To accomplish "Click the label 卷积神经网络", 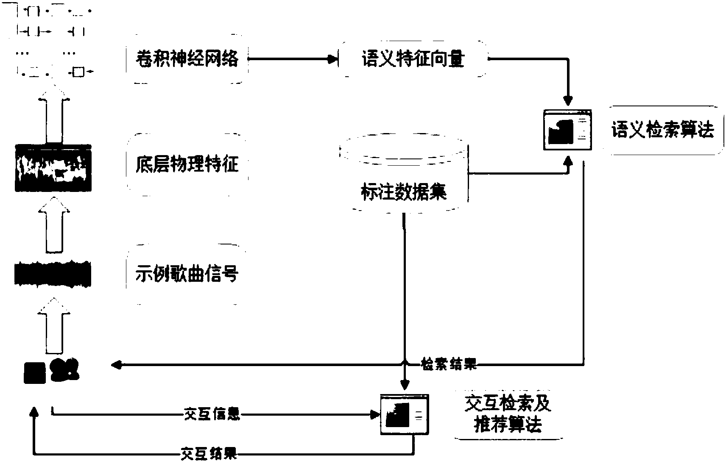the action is tap(187, 58).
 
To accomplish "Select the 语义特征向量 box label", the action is tap(413, 58).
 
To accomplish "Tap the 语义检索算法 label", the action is tap(662, 130).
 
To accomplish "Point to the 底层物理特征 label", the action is tap(187, 164).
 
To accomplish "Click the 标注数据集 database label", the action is tap(404, 192).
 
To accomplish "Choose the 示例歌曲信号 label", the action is tap(187, 273).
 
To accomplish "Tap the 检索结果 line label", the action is tap(449, 364).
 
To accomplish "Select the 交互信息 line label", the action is tap(212, 414).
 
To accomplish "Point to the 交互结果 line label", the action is tap(209, 453).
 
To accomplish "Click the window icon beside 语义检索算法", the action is tap(567, 130).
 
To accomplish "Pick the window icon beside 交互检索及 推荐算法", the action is tap(405, 414).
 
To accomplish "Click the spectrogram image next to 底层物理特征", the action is tap(53, 168).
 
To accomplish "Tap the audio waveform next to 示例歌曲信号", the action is tap(53, 274).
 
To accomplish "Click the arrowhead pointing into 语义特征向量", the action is tap(333, 59).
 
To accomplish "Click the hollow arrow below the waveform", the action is tap(54, 326).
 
